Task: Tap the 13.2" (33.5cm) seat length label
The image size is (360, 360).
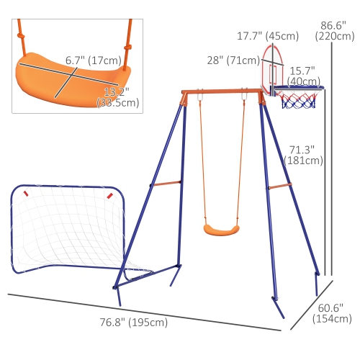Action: [x=117, y=97]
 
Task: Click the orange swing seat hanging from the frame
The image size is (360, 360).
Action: [x=220, y=229]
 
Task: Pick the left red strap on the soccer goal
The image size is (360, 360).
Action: [x=26, y=193]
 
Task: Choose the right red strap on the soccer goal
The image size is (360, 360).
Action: [x=109, y=194]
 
